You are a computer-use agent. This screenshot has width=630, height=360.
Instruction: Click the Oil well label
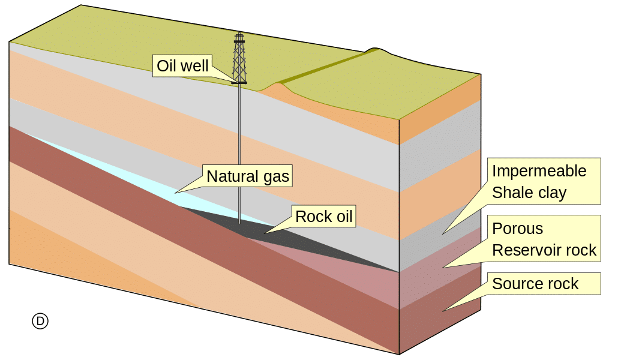pyautogui.click(x=182, y=65)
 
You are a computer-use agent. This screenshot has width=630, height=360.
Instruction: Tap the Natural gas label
pyautogui.click(x=247, y=176)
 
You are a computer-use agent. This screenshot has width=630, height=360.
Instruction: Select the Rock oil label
pyautogui.click(x=324, y=216)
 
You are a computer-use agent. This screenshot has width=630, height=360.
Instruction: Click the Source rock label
pyautogui.click(x=535, y=283)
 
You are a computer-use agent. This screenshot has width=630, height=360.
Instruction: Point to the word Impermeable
pyautogui.click(x=539, y=171)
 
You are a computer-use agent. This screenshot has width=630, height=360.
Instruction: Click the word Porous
pyautogui.click(x=517, y=229)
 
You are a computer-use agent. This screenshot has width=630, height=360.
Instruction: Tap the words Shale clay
pyautogui.click(x=529, y=193)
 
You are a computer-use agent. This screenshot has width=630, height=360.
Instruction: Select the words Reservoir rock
pyautogui.click(x=544, y=250)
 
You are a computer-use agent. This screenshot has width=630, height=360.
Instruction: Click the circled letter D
pyautogui.click(x=40, y=321)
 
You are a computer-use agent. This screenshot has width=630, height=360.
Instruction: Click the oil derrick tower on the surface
pyautogui.click(x=239, y=60)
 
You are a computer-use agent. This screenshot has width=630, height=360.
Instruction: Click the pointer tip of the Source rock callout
pyautogui.click(x=443, y=311)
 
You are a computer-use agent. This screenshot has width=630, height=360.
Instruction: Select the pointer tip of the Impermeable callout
pyautogui.click(x=443, y=233)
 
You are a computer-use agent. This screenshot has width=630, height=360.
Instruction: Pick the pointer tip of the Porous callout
pyautogui.click(x=443, y=267)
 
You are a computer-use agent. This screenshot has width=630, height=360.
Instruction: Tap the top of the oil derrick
pyautogui.click(x=239, y=34)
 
